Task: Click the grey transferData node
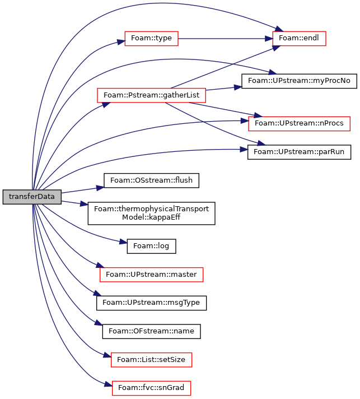32,197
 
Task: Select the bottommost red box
151,388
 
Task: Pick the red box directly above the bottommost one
151,360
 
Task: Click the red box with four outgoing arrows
151,95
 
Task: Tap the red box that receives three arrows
299,39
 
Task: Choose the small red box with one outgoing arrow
151,39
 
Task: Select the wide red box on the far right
299,124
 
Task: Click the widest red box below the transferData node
151,275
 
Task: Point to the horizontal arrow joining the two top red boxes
224,39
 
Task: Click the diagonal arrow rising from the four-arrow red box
224,67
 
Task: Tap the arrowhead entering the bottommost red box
108,384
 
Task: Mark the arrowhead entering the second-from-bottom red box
107,355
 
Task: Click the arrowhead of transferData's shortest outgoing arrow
85,204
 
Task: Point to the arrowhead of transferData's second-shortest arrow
100,188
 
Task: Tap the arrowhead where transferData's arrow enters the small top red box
120,42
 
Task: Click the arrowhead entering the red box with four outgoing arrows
106,104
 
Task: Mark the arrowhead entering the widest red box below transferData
99,265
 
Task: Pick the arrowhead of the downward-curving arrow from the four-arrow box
261,144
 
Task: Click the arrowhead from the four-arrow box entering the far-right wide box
258,115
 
